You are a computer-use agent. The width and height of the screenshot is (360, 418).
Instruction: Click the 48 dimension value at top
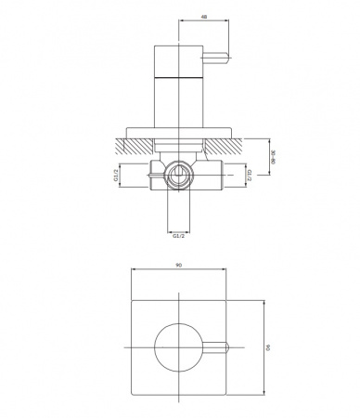[x=204, y=17]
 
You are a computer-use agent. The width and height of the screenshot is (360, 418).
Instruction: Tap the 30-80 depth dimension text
[x=273, y=157]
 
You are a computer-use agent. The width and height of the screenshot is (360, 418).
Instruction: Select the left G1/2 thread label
[x=116, y=176]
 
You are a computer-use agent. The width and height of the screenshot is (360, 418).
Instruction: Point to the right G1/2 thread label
[x=250, y=176]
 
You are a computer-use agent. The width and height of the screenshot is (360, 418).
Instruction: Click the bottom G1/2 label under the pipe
[x=178, y=236]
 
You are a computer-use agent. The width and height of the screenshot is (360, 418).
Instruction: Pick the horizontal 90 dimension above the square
[x=178, y=265]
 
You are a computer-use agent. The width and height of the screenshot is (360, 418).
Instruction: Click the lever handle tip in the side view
[x=229, y=58]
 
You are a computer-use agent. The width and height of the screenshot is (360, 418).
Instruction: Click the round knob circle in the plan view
[x=155, y=347]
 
